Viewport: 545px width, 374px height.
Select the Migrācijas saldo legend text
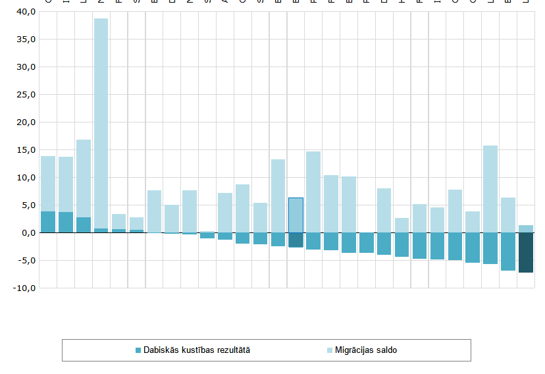click(366, 350)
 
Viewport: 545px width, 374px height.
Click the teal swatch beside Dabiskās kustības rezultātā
click(138, 350)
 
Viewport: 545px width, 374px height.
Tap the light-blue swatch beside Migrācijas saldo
click(330, 350)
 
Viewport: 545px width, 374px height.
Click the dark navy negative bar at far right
click(526, 252)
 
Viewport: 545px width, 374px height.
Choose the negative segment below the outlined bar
click(296, 240)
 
